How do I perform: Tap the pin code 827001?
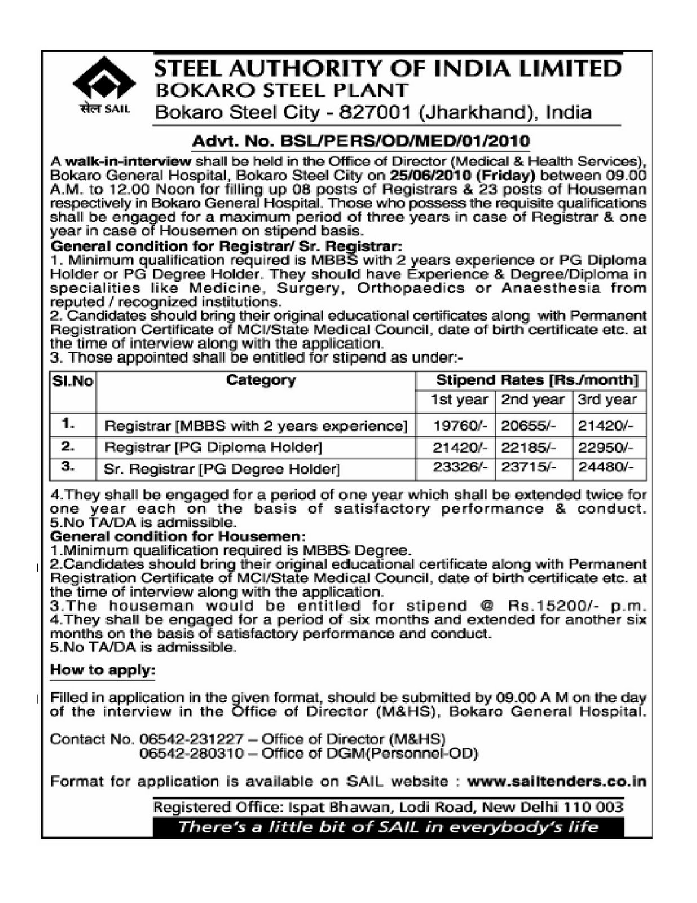coord(375,112)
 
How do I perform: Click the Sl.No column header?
coord(73,381)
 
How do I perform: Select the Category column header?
coord(261,380)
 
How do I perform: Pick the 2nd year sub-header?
coord(533,400)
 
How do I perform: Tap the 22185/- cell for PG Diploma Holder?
coord(528,448)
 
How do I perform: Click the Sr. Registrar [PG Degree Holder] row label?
coord(222,468)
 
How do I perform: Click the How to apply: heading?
coord(103,670)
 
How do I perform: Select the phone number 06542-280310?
coord(192,753)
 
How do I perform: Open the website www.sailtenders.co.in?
coord(557,782)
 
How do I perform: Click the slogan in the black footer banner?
coord(388,827)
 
